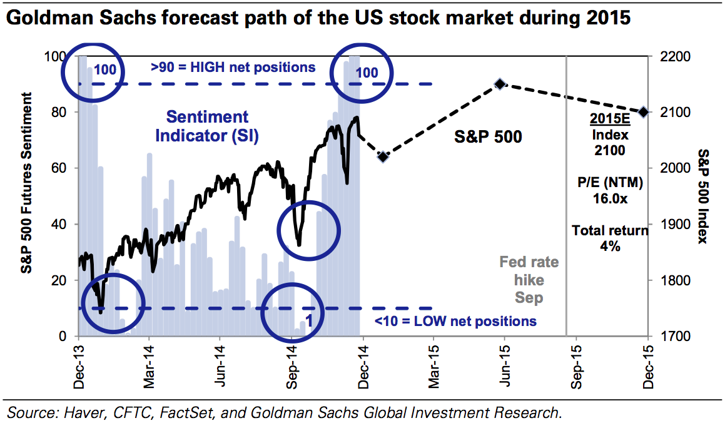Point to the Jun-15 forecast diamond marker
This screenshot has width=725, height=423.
pyautogui.click(x=500, y=84)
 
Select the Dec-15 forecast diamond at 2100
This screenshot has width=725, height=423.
pyautogui.click(x=644, y=112)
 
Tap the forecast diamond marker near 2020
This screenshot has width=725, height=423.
pyautogui.click(x=383, y=156)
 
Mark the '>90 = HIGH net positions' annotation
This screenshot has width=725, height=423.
pyautogui.click(x=233, y=66)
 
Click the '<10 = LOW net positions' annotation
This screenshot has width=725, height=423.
pyautogui.click(x=455, y=321)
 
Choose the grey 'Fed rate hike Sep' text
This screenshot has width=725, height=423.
pyautogui.click(x=529, y=280)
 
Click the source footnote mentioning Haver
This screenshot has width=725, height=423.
pyautogui.click(x=283, y=412)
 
